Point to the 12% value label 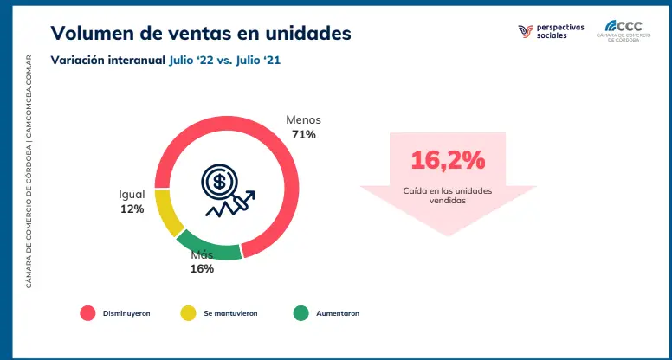132,209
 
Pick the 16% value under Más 202,268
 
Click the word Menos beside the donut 303,119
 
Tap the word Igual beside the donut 132,194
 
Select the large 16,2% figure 448,160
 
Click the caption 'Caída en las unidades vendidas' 448,194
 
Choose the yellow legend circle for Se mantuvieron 187,312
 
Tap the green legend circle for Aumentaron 300,312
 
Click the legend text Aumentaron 338,312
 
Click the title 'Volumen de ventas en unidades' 201,33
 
